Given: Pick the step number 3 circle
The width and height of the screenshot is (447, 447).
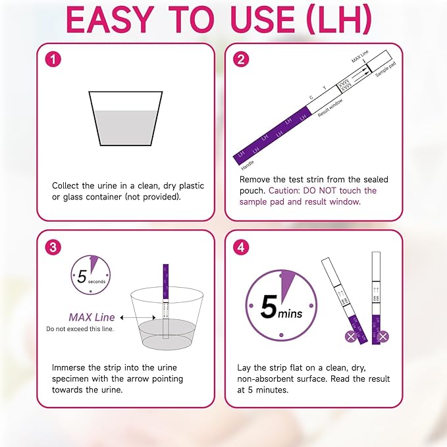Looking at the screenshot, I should click(54, 247).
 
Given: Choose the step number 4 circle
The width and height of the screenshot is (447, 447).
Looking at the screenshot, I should click(242, 247).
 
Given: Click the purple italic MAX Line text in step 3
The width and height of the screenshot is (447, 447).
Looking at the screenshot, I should click(92, 317).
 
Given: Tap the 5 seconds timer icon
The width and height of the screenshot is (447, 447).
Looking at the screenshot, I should click(91, 275).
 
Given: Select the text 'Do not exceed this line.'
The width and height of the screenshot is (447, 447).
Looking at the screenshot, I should click(80, 329).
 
